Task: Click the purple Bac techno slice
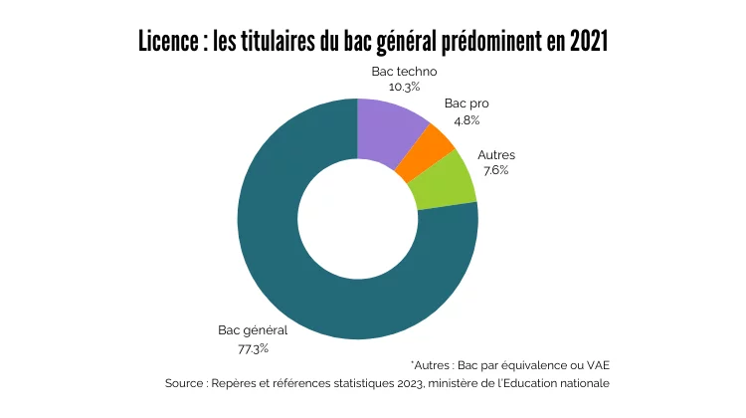point(390,130)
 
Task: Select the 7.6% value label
point(495,170)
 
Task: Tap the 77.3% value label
point(253,348)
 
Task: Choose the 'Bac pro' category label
point(466,104)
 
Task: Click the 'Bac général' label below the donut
point(253,331)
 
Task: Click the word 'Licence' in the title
point(167,43)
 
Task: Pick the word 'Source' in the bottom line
point(186,383)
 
